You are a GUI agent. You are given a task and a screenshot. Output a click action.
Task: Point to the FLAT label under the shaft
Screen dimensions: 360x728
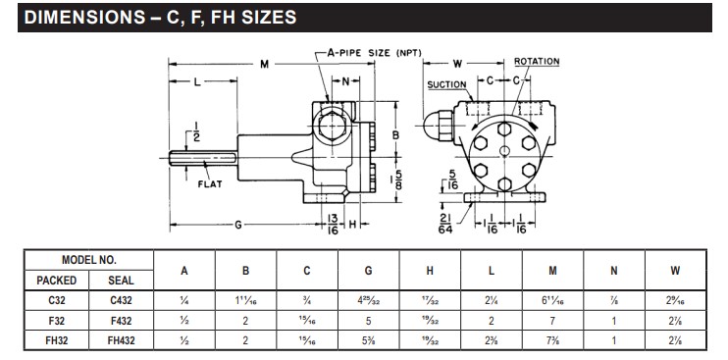214,183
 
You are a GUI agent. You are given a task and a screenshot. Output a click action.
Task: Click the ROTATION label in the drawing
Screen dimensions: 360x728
537,61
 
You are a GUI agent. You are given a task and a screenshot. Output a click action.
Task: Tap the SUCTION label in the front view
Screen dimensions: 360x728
447,84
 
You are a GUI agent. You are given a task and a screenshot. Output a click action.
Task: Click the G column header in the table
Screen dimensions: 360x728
367,272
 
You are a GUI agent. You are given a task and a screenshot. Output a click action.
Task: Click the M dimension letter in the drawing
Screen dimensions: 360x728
264,65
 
